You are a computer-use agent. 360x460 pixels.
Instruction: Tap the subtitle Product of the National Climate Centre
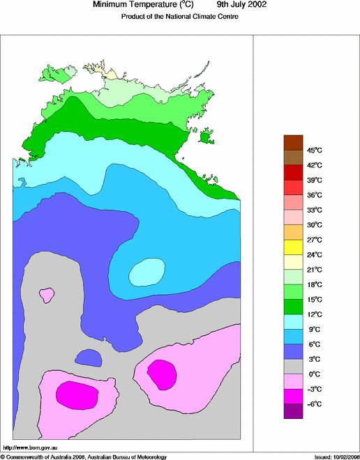coord(180,17)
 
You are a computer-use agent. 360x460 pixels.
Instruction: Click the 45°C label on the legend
coord(314,150)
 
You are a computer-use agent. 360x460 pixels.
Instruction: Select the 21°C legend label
coord(314,270)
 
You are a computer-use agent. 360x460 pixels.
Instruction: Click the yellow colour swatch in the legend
coord(293,246)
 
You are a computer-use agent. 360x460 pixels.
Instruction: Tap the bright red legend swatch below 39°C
coord(293,187)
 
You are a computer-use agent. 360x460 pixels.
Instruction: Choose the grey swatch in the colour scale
coord(293,366)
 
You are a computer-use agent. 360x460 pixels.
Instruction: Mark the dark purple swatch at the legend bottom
coord(293,411)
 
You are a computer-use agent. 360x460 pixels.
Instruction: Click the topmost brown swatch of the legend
coord(293,142)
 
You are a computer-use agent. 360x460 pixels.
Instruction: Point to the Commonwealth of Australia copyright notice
coord(84,457)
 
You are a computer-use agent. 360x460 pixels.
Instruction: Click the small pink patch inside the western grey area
coord(47,295)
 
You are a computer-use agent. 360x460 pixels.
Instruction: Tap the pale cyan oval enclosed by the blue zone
coord(147,272)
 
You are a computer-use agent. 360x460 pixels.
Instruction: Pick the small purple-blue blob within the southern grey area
coord(88,358)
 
